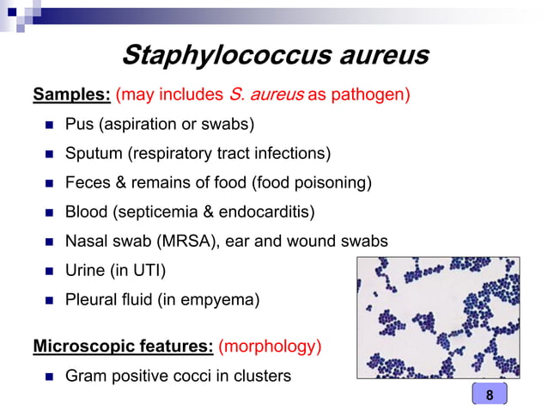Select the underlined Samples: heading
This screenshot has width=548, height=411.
click(70, 94)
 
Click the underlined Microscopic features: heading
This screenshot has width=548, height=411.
click(123, 347)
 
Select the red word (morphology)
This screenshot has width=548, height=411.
click(270, 347)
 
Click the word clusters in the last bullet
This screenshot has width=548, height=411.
click(263, 376)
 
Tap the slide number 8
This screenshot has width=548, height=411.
click(489, 395)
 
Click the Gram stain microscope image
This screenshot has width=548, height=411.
click(438, 316)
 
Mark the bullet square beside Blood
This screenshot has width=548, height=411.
click(49, 212)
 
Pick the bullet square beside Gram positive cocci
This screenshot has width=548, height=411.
click(49, 377)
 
